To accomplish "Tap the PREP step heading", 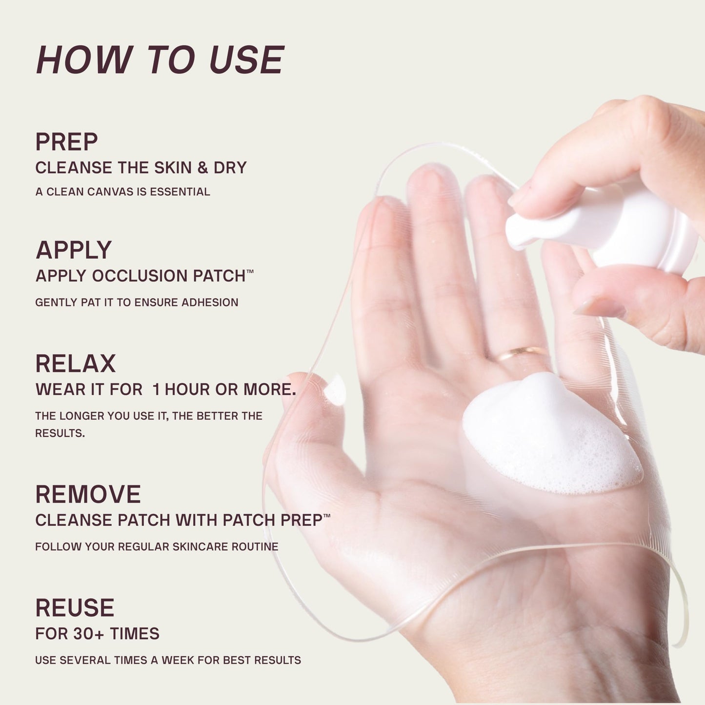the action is (x=66, y=141).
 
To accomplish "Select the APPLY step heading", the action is (x=74, y=251).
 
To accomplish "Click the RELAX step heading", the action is (x=75, y=363).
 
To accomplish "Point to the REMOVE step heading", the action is (x=88, y=494).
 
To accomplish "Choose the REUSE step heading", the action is (x=75, y=608).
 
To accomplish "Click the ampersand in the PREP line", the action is (x=202, y=167).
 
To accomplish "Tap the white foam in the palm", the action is (x=551, y=434).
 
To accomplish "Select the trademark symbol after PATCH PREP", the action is (x=327, y=516).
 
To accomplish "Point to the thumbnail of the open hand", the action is (x=335, y=390).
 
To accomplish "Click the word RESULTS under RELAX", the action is (x=60, y=433).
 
